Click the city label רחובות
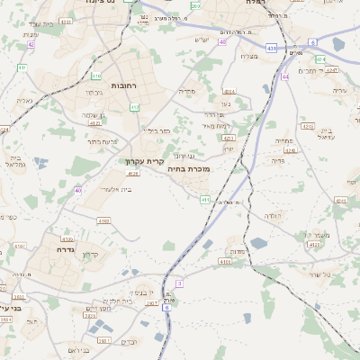pos(122,85)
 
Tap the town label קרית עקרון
pos(143,162)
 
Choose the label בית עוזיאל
pos(326,132)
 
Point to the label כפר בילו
pos(157,130)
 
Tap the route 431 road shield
pos(271,48)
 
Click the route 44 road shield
pos(284,77)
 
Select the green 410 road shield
pos(96,77)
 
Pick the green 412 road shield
pos(134,107)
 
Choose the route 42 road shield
pos(31,43)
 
